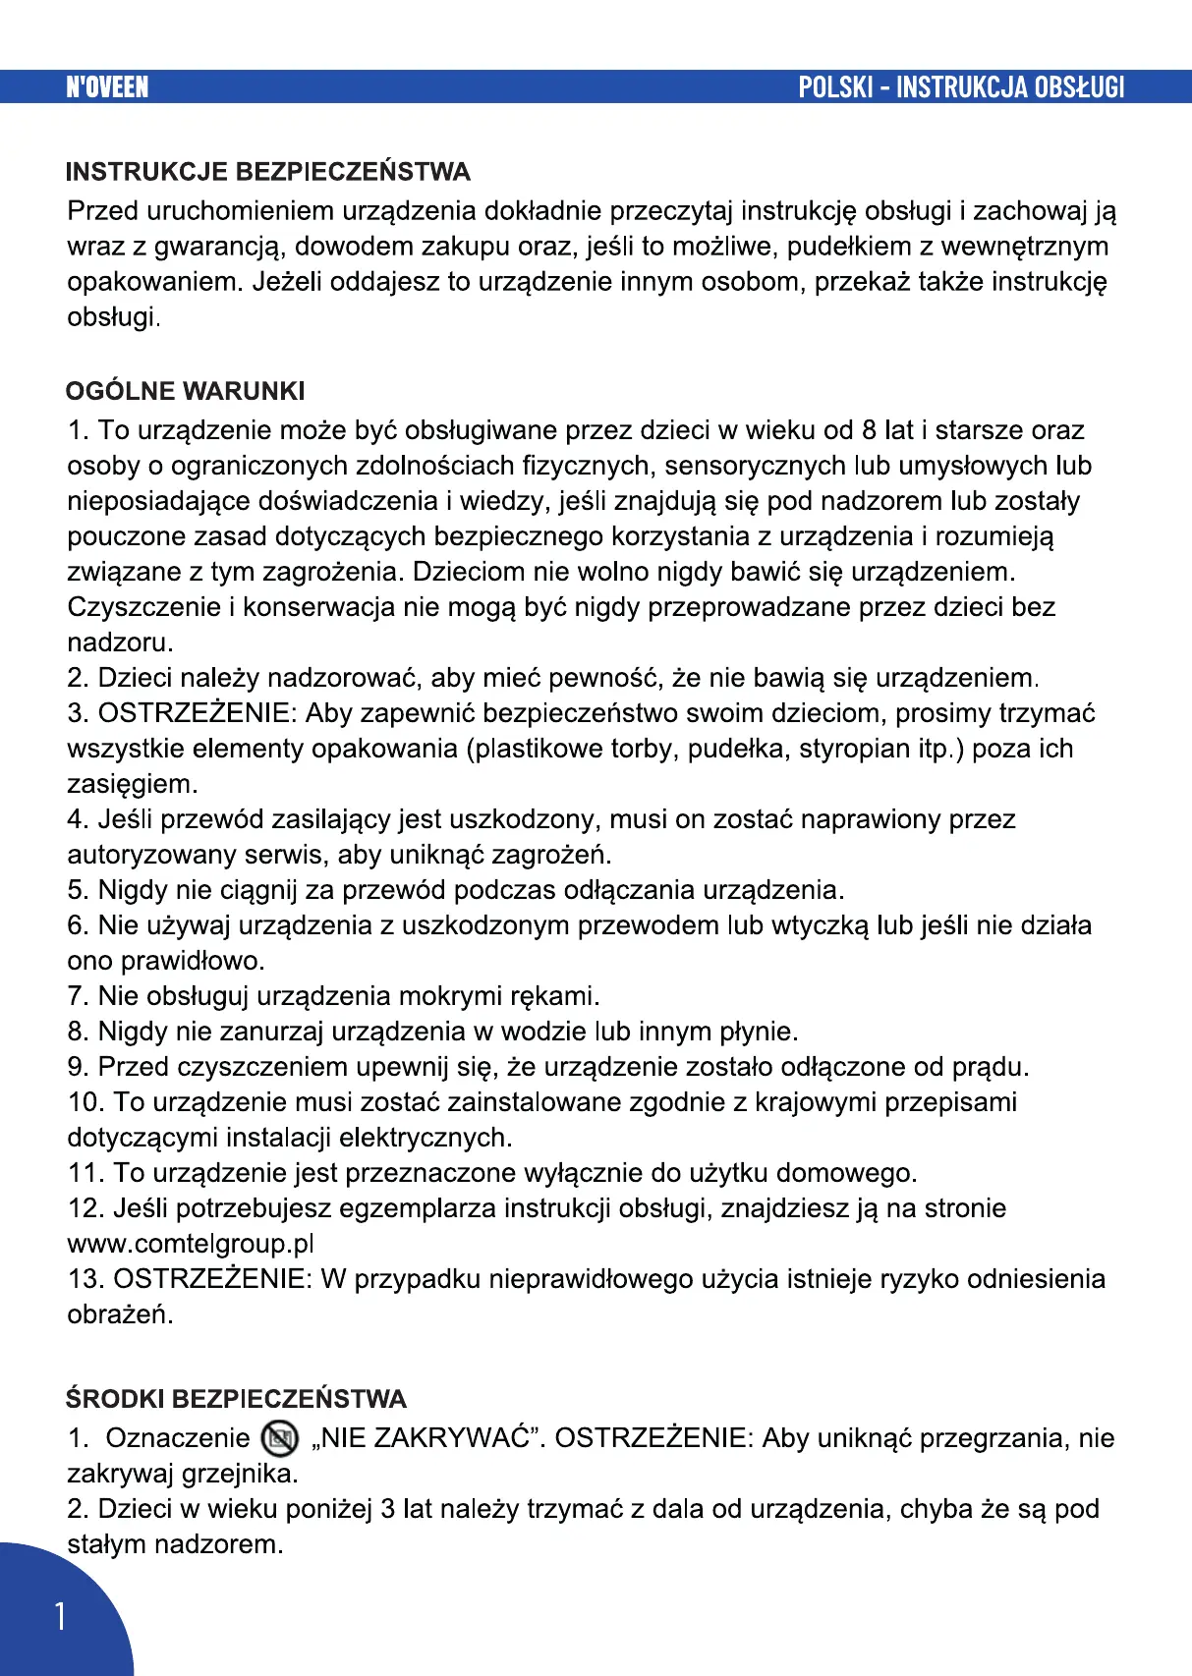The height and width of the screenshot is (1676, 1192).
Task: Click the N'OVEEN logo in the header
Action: click(x=107, y=87)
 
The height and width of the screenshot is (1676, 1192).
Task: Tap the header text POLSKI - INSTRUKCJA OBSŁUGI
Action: click(x=960, y=87)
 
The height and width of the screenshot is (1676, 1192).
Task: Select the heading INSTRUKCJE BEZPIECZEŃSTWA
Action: click(x=267, y=172)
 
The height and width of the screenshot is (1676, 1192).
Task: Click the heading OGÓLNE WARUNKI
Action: click(x=185, y=391)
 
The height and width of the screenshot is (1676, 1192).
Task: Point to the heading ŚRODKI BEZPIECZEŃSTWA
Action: click(x=236, y=1399)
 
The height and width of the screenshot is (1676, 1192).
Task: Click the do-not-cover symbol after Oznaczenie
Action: click(x=280, y=1439)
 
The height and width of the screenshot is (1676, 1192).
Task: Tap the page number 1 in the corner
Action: click(x=61, y=1616)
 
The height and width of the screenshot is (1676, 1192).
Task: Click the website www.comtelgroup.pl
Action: click(x=191, y=1244)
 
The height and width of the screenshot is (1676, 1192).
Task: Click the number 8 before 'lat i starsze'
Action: click(x=870, y=430)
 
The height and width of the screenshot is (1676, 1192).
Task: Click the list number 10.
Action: click(x=85, y=1102)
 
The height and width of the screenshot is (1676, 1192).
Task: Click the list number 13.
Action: click(x=85, y=1279)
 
